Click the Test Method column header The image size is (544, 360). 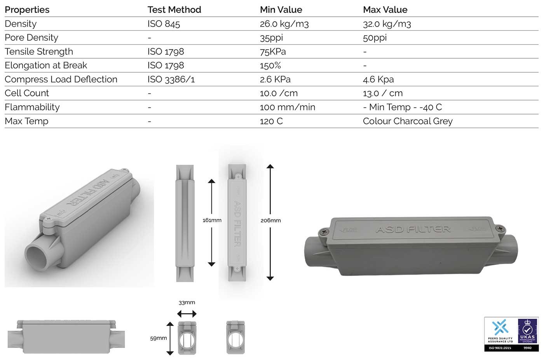(x=174, y=10)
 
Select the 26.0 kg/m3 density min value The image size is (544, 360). (x=284, y=24)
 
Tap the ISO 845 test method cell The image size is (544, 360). (x=164, y=24)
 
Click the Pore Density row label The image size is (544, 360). (x=31, y=38)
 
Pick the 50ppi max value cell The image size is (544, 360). (x=375, y=38)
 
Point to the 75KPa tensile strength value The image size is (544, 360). (x=273, y=52)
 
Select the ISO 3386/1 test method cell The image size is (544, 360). (x=171, y=79)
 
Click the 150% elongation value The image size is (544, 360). (x=270, y=65)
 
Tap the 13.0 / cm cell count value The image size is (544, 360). (x=383, y=93)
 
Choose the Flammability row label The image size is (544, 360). (x=32, y=107)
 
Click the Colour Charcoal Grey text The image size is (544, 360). (x=408, y=121)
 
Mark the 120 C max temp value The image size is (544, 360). (x=271, y=121)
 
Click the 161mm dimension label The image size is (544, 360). (x=212, y=220)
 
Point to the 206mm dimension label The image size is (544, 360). (x=270, y=220)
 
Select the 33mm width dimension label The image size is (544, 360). (x=187, y=303)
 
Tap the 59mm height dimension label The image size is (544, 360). (x=159, y=338)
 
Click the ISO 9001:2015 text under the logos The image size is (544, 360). (x=499, y=348)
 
